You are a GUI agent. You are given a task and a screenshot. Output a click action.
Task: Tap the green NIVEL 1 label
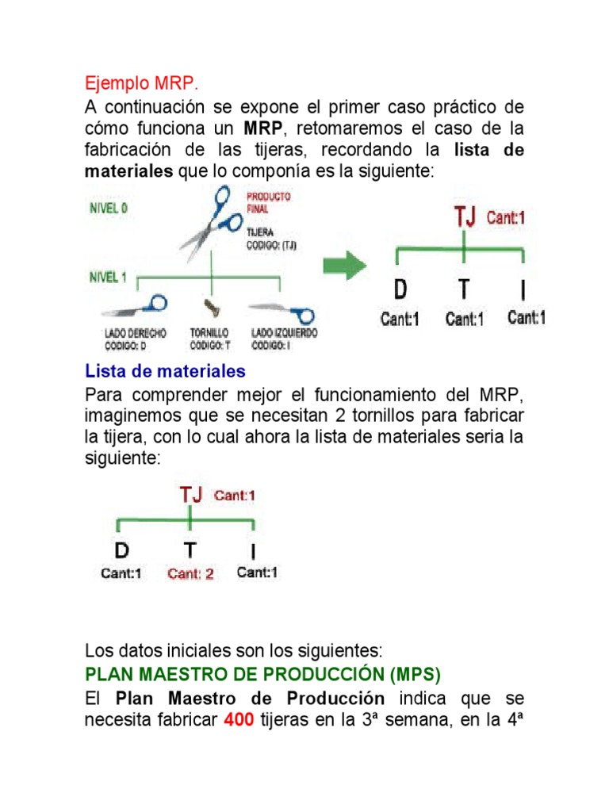(x=108, y=278)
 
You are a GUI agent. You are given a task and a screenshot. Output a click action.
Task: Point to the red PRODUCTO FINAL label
(x=268, y=201)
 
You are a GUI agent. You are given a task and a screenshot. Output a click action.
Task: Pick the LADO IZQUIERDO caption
(x=284, y=339)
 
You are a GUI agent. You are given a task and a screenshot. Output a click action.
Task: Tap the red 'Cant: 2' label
(x=190, y=574)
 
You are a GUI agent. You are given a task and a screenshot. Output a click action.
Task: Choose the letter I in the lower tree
(x=253, y=551)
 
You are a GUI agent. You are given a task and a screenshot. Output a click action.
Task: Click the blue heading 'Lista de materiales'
(x=165, y=371)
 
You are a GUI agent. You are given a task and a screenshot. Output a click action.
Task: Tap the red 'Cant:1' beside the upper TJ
(x=505, y=217)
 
